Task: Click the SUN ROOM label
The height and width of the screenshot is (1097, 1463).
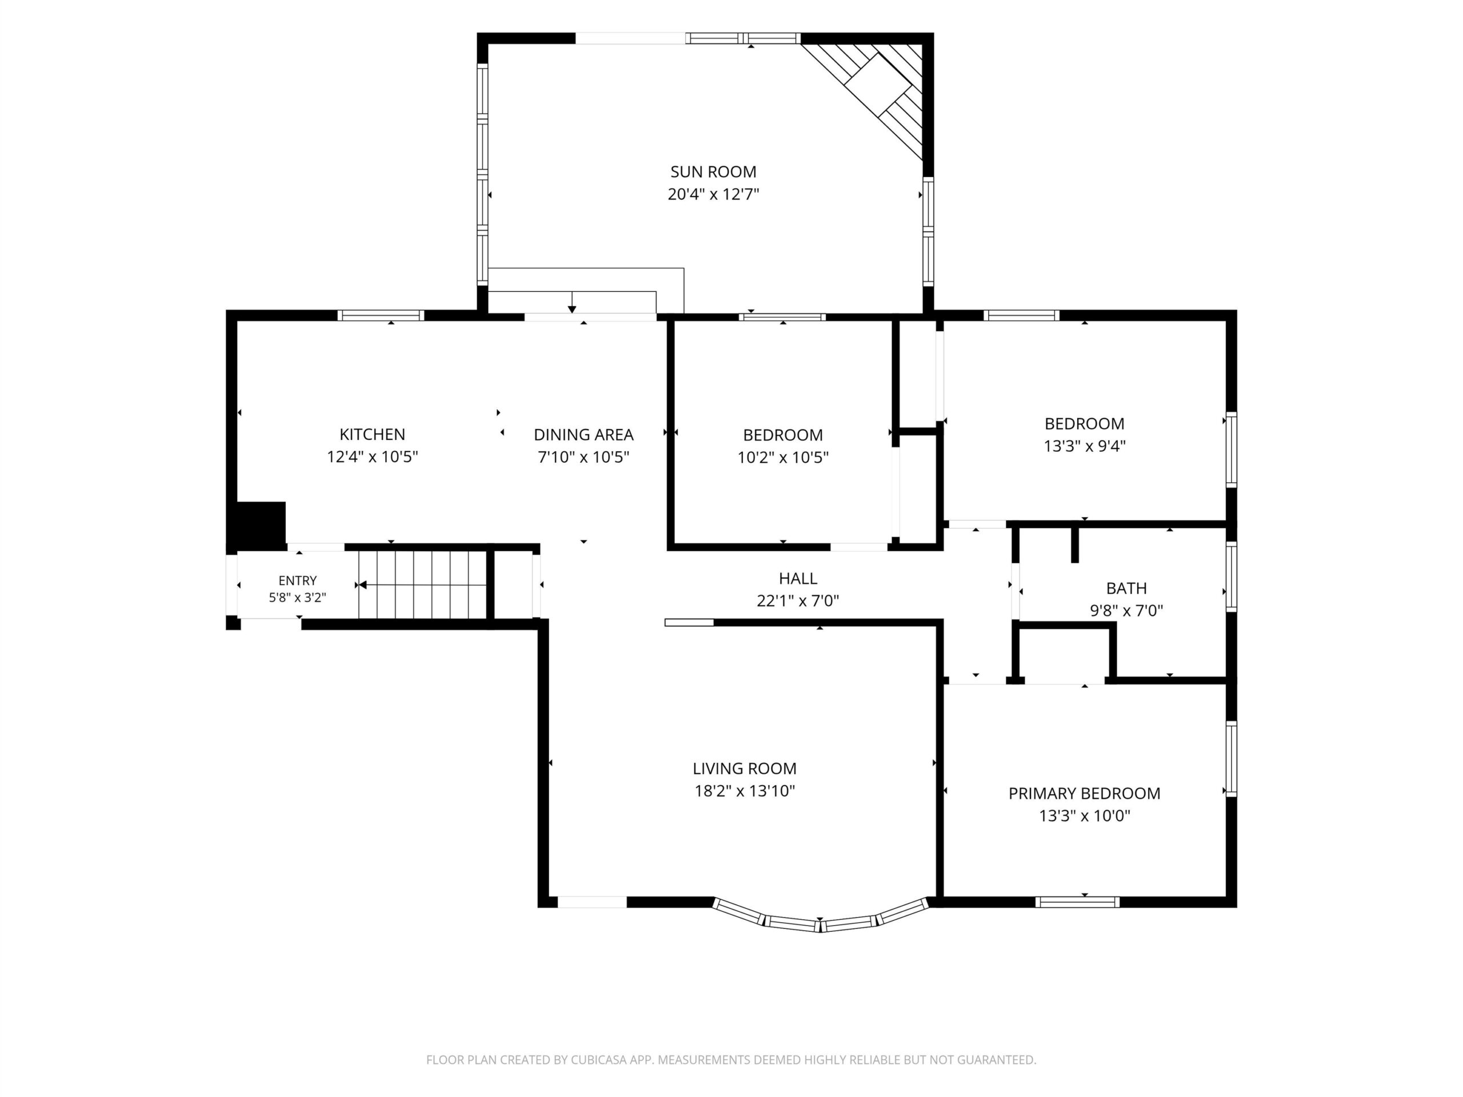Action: click(713, 172)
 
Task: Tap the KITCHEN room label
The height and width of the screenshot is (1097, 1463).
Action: click(373, 434)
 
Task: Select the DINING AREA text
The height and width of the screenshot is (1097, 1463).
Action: click(583, 434)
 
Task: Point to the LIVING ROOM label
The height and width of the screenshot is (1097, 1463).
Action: click(745, 768)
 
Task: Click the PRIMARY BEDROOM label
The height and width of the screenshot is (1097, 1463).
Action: click(1084, 794)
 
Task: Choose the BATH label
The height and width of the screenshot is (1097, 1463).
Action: click(1126, 588)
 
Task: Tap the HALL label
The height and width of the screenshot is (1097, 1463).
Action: click(798, 579)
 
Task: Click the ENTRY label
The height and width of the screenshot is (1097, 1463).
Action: click(297, 580)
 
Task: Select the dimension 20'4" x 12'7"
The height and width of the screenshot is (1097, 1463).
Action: click(713, 194)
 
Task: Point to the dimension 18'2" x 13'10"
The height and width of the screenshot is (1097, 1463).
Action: click(745, 791)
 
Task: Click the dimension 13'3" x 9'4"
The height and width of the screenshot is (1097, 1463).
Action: click(1085, 446)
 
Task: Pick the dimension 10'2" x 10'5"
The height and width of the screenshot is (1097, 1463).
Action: click(783, 458)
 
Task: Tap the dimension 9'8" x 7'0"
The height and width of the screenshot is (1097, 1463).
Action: click(1126, 610)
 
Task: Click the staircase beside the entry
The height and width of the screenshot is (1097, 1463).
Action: click(423, 584)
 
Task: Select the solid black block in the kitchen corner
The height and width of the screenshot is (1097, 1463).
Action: click(260, 525)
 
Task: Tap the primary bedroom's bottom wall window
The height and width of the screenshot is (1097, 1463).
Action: click(1077, 902)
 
